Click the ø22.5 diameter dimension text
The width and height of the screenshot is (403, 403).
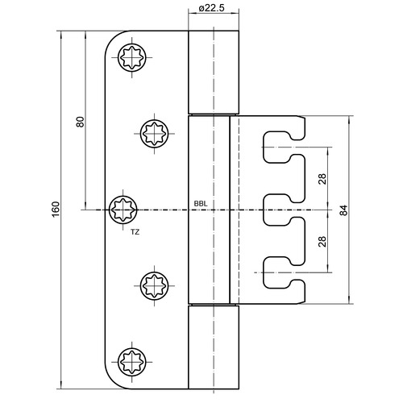pos(211,8)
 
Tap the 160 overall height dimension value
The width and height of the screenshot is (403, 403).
pos(56,210)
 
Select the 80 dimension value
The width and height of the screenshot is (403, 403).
pos(80,122)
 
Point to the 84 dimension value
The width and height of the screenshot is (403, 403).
pos(343,210)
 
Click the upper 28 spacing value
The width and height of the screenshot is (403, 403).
pos(322,179)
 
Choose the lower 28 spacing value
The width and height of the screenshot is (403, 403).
pos(322,241)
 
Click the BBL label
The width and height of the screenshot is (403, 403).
pos(201,204)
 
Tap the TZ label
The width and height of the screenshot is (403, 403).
pos(135,232)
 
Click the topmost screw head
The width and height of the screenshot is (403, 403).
pos(132,57)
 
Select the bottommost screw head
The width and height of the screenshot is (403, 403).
pos(132,362)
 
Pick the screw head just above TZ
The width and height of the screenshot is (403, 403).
pos(123,210)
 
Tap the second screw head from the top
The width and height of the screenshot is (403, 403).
pos(155,134)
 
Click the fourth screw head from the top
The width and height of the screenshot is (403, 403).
pos(155,285)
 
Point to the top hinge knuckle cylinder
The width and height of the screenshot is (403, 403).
pos(214,72)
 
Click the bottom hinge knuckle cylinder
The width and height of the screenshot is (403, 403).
pos(214,347)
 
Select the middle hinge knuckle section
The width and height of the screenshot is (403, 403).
pos(209,210)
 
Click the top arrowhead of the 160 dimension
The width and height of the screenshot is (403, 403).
pos(61,34)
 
